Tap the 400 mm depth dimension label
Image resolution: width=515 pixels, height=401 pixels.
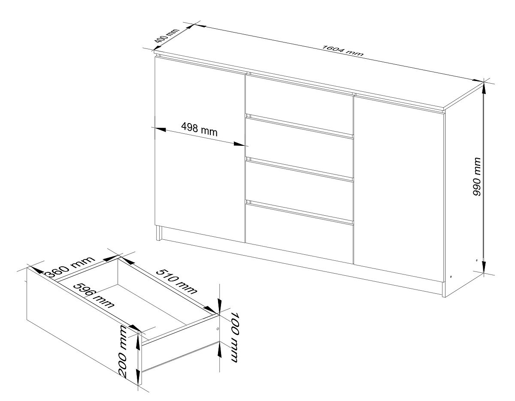click(x=167, y=39)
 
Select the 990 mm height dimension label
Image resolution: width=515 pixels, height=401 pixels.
click(x=477, y=177)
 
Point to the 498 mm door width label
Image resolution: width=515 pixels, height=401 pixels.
click(x=199, y=130)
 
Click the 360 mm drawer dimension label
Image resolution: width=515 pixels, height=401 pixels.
click(x=70, y=267)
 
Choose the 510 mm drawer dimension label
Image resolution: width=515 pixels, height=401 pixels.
click(x=176, y=281)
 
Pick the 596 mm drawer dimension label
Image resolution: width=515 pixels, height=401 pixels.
click(x=94, y=296)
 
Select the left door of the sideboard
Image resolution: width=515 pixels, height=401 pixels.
click(x=200, y=150)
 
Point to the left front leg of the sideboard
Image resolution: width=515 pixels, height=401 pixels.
click(x=159, y=233)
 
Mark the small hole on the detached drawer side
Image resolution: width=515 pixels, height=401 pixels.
click(x=218, y=329)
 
